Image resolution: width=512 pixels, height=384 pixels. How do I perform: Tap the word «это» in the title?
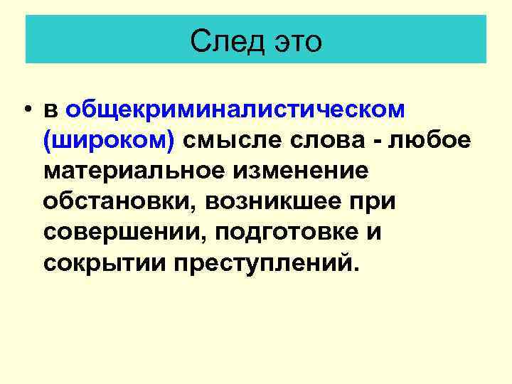(296, 41)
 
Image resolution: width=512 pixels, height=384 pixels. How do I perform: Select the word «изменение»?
(306, 171)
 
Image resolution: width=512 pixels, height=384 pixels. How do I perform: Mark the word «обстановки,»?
(119, 202)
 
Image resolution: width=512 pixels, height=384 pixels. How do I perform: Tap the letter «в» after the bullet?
(50, 110)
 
